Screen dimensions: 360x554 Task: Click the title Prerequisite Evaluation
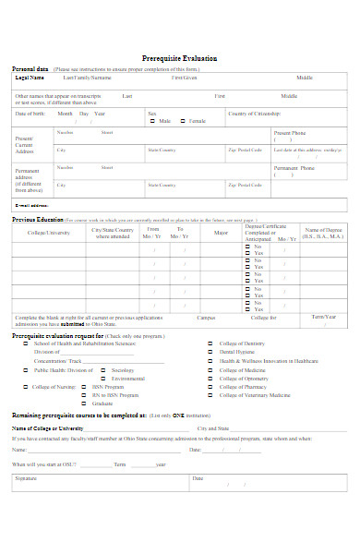(x=180, y=57)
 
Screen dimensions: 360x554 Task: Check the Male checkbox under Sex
(x=153, y=121)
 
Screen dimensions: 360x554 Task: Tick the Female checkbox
(x=184, y=121)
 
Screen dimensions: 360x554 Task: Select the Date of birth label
(x=30, y=114)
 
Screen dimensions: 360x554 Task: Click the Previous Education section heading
(x=38, y=220)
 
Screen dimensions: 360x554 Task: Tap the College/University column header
(x=48, y=233)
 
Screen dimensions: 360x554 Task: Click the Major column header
(x=221, y=233)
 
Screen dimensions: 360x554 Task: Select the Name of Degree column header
(x=324, y=233)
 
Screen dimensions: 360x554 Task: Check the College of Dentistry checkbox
(x=212, y=343)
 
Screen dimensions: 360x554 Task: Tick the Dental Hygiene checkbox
(x=212, y=352)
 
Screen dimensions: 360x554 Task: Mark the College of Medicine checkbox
(x=212, y=369)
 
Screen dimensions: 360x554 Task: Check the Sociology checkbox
(x=104, y=369)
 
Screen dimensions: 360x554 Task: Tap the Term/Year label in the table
(x=324, y=317)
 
